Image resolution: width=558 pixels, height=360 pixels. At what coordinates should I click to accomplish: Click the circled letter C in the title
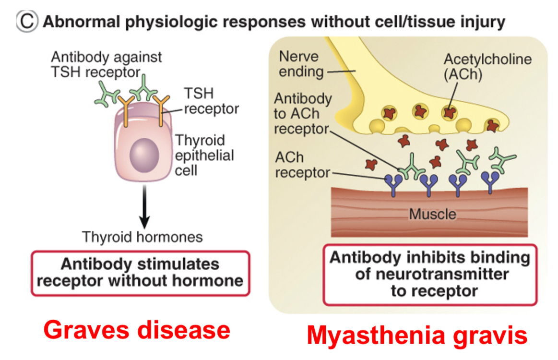pos(27,22)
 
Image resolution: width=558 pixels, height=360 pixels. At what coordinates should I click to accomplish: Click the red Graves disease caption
pos(137,331)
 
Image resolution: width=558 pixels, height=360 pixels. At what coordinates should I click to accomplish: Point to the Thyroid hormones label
pos(142,237)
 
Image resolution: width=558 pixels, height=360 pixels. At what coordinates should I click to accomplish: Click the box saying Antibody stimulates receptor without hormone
pos(140,273)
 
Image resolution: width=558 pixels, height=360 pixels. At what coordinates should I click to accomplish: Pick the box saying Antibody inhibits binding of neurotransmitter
pos(430,275)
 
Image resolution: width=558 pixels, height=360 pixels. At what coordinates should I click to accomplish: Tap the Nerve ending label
pos(298,64)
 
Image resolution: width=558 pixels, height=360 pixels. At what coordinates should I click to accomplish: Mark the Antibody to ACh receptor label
pos(302,114)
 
